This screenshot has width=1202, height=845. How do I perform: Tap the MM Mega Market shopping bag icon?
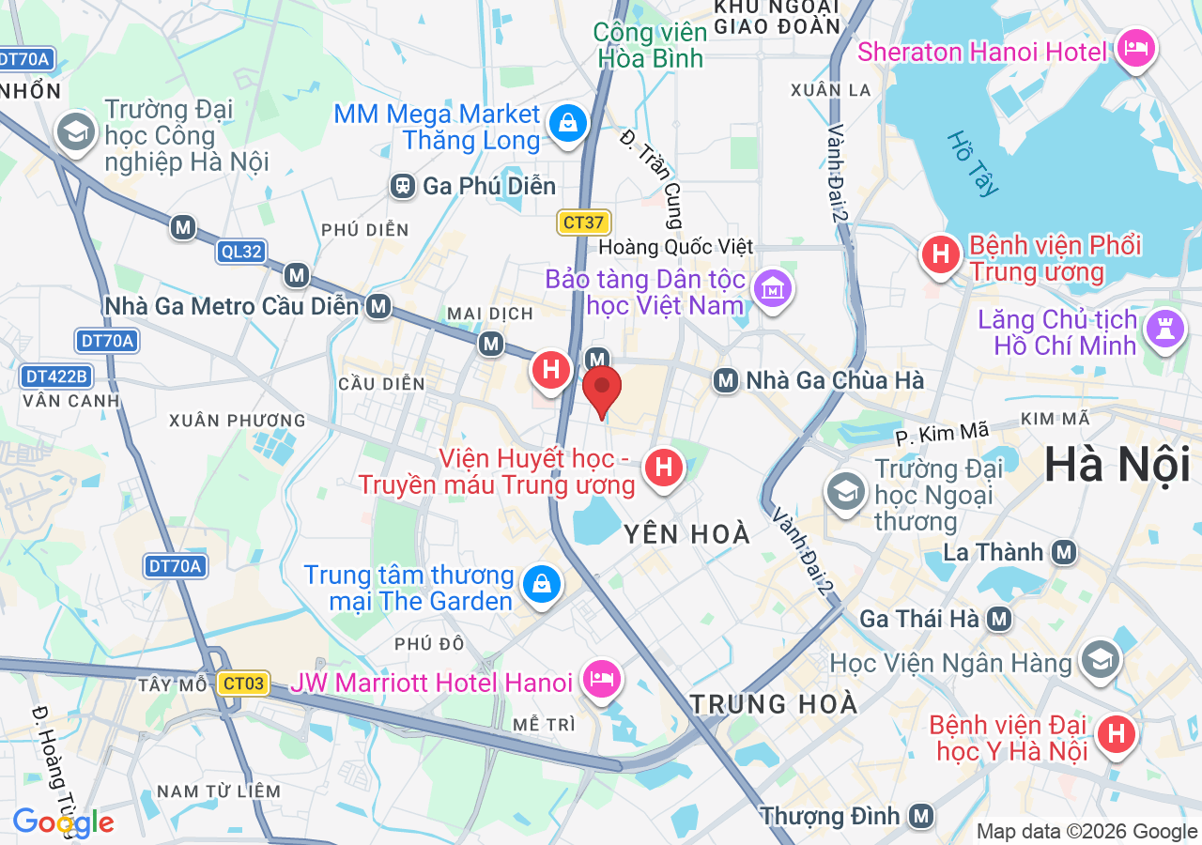[x=568, y=123]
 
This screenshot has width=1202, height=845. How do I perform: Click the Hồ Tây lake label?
[x=973, y=163]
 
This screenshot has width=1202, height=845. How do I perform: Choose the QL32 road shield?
[x=241, y=252]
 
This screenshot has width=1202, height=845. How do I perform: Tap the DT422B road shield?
[x=56, y=376]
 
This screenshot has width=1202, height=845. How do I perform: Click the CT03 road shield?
[x=244, y=684]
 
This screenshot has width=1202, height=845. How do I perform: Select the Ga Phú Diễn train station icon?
[x=404, y=186]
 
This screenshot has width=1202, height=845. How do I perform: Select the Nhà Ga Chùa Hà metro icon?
[x=725, y=380]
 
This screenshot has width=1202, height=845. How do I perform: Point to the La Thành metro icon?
[x=1064, y=552]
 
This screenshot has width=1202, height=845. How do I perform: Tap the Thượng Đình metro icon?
[x=921, y=815]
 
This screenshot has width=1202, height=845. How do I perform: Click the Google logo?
[x=63, y=823]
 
